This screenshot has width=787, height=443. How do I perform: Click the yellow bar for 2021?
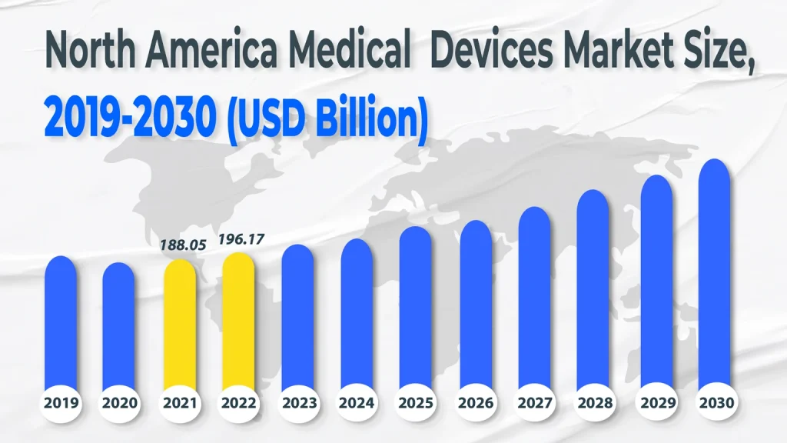point(178,323)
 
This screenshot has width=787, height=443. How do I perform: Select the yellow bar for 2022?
point(238,319)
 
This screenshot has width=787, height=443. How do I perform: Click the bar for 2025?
point(416,308)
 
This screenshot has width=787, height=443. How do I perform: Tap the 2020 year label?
point(119,402)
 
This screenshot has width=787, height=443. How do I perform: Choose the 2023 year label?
point(297,402)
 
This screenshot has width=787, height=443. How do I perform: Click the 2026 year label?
point(476,402)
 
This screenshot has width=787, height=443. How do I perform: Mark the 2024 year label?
point(357,402)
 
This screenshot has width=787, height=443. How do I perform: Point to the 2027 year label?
point(535,402)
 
